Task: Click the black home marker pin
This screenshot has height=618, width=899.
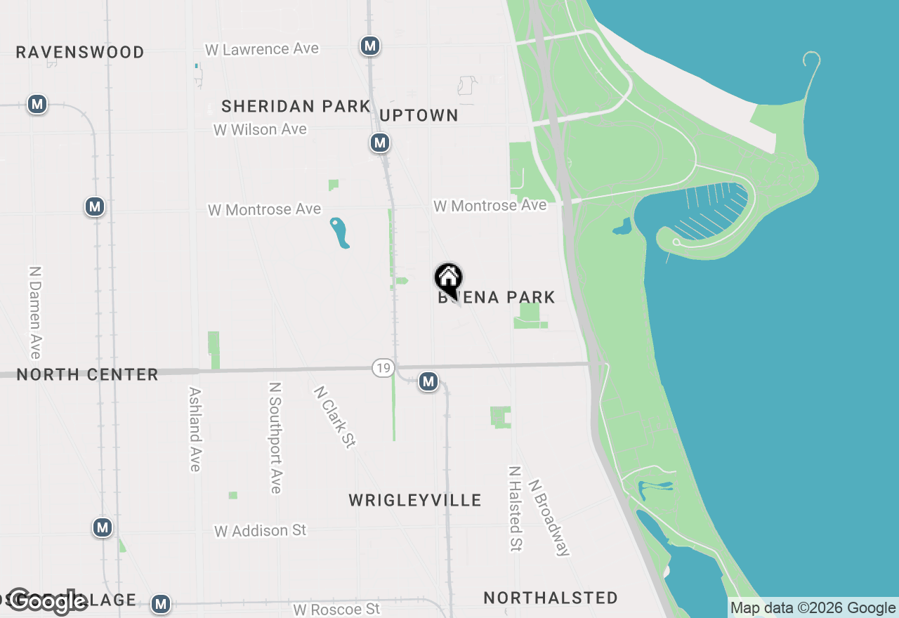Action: (448, 279)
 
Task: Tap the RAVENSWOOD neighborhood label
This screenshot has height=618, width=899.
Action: (80, 52)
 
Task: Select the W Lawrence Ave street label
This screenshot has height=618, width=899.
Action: (262, 49)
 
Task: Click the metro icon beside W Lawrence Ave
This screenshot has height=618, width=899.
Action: (370, 46)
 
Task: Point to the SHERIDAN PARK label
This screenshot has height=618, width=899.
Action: (296, 106)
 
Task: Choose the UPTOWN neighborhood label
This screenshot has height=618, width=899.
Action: (419, 115)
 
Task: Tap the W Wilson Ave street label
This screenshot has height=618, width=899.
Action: (261, 129)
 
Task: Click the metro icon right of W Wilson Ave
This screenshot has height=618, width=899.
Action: (380, 143)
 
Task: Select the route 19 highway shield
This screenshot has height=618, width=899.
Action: (383, 367)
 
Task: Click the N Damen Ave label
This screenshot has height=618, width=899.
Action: (35, 312)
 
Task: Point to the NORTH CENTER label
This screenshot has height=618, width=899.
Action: (87, 374)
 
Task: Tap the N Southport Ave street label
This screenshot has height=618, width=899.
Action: (275, 438)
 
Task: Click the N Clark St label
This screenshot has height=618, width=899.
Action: (335, 416)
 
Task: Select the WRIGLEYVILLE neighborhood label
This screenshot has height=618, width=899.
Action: (415, 500)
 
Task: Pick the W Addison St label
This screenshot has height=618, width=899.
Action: (261, 530)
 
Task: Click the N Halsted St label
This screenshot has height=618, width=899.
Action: (516, 508)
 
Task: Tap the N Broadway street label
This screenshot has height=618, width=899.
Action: (549, 518)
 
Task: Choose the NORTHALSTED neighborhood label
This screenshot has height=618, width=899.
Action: (551, 598)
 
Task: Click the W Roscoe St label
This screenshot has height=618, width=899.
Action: (336, 608)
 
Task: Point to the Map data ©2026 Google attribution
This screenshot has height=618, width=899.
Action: (813, 608)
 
